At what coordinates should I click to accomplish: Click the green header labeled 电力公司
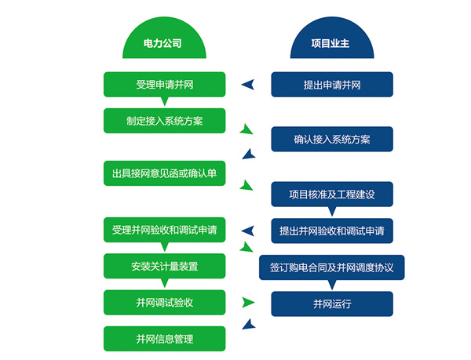[164, 44]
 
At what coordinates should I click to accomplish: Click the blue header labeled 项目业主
[331, 44]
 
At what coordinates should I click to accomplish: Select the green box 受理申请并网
[165, 84]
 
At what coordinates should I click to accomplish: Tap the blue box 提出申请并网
[331, 85]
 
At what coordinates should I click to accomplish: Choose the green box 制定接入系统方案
[165, 121]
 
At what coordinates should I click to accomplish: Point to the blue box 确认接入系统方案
[331, 139]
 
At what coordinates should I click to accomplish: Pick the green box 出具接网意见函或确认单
[165, 173]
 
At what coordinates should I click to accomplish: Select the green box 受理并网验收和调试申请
[165, 230]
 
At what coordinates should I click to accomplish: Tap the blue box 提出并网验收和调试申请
[331, 231]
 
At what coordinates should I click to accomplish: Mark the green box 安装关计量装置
[165, 266]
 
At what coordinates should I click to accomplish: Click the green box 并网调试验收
[165, 302]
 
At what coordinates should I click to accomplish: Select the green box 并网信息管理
[165, 339]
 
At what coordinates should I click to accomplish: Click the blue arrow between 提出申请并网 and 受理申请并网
[248, 85]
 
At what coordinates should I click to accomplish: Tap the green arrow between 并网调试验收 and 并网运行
[249, 303]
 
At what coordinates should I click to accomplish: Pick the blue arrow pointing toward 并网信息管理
[249, 323]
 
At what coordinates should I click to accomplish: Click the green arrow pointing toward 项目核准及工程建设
[246, 186]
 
